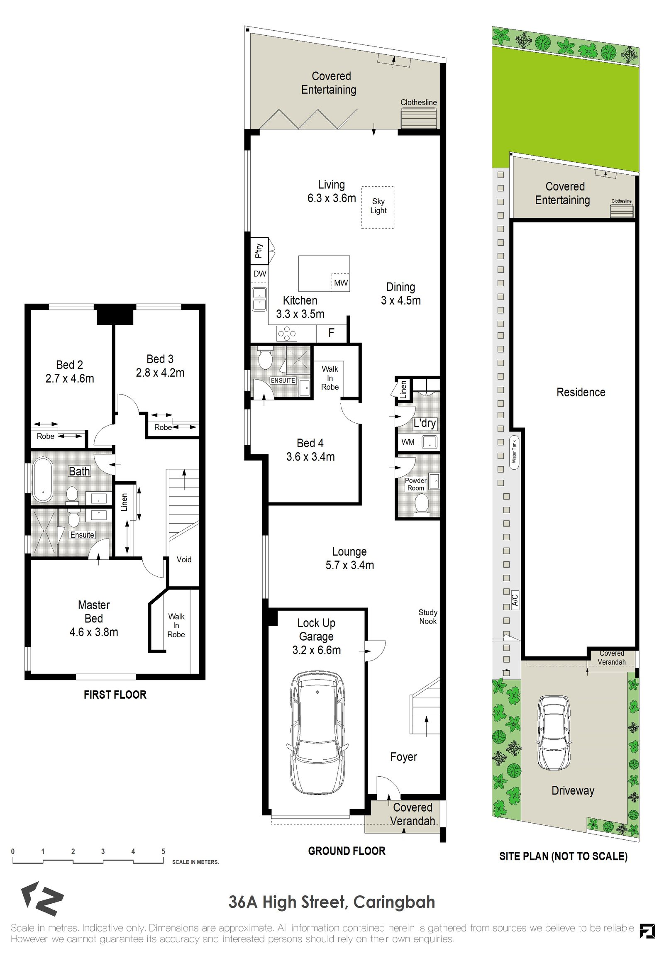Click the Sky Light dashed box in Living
click(x=378, y=207)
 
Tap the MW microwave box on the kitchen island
click(x=341, y=283)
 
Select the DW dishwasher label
click(x=259, y=274)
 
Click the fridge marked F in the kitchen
click(x=331, y=333)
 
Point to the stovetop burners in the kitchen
click(x=287, y=333)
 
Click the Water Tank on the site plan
click(x=514, y=451)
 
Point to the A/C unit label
click(x=515, y=600)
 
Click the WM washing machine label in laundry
click(x=408, y=442)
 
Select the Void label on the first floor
click(x=184, y=559)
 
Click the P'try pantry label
click(x=259, y=251)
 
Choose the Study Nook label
click(x=428, y=617)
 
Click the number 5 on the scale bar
click(x=163, y=851)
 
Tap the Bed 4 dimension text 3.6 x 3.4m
click(x=310, y=457)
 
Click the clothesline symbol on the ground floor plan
click(x=419, y=118)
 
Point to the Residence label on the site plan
click(x=581, y=392)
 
